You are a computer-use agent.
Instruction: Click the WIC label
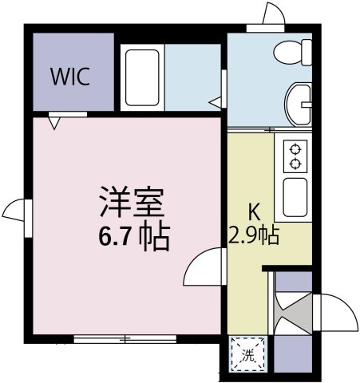click(70, 77)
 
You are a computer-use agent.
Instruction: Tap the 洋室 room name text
click(132, 203)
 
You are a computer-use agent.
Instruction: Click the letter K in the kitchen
click(254, 212)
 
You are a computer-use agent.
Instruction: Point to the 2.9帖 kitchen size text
click(254, 235)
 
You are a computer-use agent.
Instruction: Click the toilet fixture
click(293, 52)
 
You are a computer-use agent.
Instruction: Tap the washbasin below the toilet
click(298, 105)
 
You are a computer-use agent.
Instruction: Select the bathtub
click(142, 77)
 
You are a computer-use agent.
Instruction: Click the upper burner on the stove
click(295, 149)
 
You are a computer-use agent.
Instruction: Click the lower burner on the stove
click(295, 164)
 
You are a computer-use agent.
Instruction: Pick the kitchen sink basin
click(295, 197)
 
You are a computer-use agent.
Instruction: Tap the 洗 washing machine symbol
click(247, 354)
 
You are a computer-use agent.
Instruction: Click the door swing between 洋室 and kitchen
click(204, 267)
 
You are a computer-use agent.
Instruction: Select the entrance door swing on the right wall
click(336, 313)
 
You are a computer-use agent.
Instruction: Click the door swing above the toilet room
click(274, 14)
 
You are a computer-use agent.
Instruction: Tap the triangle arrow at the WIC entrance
click(54, 124)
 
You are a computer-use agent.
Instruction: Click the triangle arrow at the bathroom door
click(215, 102)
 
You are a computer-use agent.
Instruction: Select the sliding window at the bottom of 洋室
click(125, 339)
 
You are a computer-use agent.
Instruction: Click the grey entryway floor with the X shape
click(294, 313)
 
